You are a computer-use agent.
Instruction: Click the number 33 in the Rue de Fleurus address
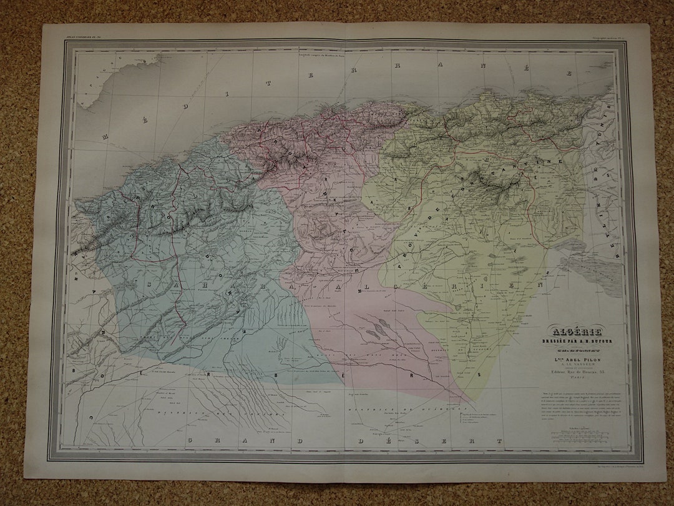(593, 373)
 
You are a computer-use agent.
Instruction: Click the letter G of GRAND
(188, 442)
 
